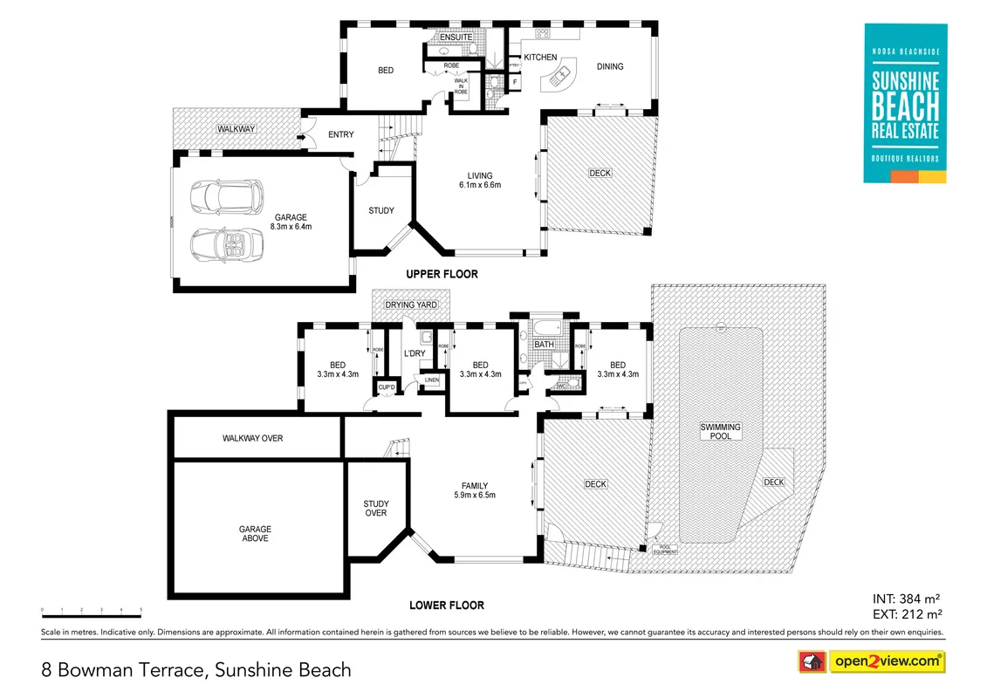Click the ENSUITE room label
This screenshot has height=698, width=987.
click(456, 38)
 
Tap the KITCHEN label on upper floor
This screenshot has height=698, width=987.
click(540, 58)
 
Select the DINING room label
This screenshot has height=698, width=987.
click(610, 66)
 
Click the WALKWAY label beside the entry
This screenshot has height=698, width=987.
click(236, 130)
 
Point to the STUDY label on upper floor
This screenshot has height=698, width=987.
click(381, 210)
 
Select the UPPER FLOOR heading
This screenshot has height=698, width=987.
click(442, 274)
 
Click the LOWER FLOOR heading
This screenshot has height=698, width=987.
click(447, 605)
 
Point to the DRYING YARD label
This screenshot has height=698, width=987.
click(411, 305)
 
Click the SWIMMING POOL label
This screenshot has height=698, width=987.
click(721, 431)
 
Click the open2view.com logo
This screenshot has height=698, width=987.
click(887, 661)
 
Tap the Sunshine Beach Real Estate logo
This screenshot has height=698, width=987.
click(905, 103)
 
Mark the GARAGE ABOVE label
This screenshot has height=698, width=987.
click(255, 533)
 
